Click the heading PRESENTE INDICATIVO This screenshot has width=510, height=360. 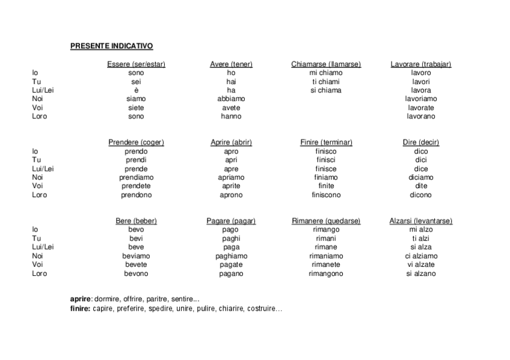tap(111, 46)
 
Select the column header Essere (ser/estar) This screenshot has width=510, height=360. tap(136, 64)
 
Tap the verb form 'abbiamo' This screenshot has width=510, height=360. tap(231, 99)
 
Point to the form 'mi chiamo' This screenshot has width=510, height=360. tap(325, 73)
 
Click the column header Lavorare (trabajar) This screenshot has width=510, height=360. tap(420, 64)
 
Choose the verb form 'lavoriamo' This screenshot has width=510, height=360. tap(420, 99)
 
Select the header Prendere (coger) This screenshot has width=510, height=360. tap(136, 142)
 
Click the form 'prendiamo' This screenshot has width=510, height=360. tap(136, 177)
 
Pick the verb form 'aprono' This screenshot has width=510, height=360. tap(231, 195)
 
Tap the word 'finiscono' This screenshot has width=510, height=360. tap(325, 195)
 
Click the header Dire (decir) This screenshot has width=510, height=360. tap(420, 142)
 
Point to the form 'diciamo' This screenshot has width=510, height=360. tap(420, 177)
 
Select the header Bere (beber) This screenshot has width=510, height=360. tap(136, 221)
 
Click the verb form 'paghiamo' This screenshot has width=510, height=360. tap(231, 256)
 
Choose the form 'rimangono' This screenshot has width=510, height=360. tap(325, 273)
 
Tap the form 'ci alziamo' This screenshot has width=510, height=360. tap(420, 256)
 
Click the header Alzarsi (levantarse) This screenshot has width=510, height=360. tap(420, 221)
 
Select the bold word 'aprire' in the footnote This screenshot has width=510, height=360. tap(80, 299)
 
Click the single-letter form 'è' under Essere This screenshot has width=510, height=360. tap(136, 90)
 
